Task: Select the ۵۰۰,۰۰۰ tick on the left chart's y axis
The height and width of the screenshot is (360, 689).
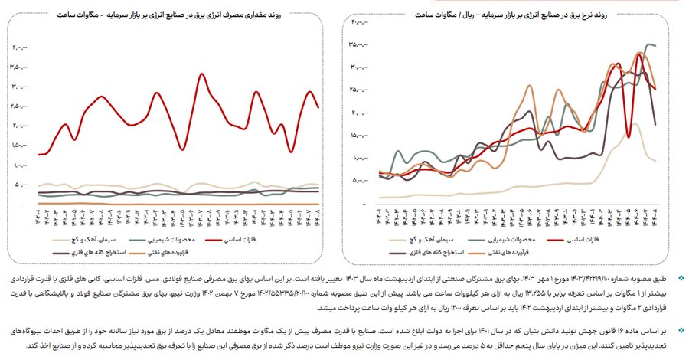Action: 22,185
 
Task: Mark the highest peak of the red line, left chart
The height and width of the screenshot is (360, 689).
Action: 201,74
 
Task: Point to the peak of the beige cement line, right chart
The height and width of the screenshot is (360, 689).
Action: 634,124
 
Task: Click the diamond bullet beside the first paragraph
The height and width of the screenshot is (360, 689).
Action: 681,271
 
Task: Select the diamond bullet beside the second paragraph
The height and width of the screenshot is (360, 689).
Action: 681,326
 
